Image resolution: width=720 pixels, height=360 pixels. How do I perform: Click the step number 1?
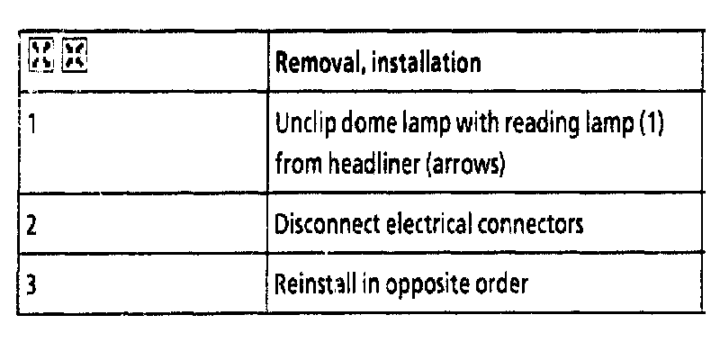(31, 123)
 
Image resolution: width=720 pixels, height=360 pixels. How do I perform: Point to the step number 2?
(31, 223)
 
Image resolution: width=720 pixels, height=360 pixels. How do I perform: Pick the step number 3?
(31, 283)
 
